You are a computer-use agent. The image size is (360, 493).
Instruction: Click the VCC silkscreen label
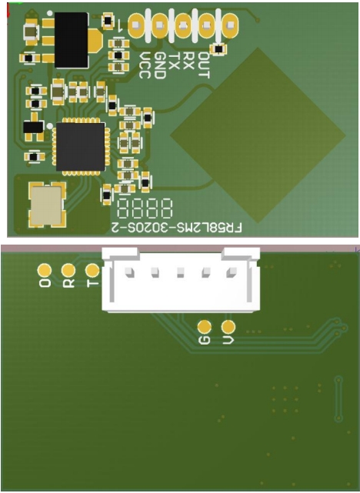coord(145,65)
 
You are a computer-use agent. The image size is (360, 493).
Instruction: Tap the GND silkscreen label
coord(160,65)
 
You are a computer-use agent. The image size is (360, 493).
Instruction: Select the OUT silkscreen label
coord(203,65)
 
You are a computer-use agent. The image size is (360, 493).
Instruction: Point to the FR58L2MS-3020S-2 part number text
coord(177,228)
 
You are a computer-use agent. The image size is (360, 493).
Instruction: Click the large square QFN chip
coord(81,147)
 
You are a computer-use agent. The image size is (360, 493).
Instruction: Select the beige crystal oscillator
coord(46,205)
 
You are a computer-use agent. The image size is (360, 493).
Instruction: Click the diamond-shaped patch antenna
coord(258,135)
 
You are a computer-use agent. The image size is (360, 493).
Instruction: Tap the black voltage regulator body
coord(71,40)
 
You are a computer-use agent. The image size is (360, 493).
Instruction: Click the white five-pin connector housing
coord(181,279)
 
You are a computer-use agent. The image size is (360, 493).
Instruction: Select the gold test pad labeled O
coord(45,271)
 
